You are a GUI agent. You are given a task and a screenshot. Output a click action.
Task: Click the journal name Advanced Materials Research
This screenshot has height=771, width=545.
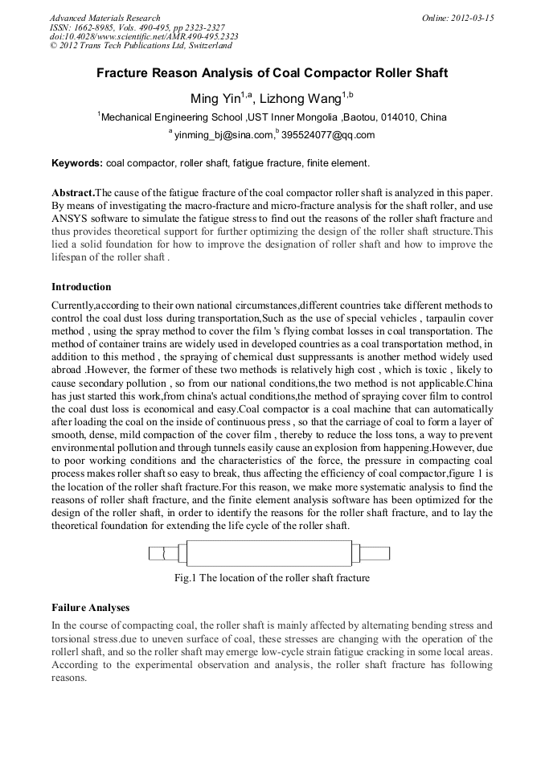tap(104, 18)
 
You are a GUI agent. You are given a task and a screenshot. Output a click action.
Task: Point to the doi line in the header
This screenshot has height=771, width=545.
tap(144, 37)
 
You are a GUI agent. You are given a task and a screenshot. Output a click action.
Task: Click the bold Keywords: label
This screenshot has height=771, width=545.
tap(77, 163)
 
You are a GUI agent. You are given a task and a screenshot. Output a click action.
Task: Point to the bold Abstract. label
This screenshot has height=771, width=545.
tap(73, 193)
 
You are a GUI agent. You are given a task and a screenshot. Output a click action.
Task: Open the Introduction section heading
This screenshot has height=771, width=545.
tap(81, 287)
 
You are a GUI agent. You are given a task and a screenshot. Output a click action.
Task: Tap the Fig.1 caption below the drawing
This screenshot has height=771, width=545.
tap(272, 577)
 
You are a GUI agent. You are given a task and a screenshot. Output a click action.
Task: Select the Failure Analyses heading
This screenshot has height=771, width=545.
tap(90, 608)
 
